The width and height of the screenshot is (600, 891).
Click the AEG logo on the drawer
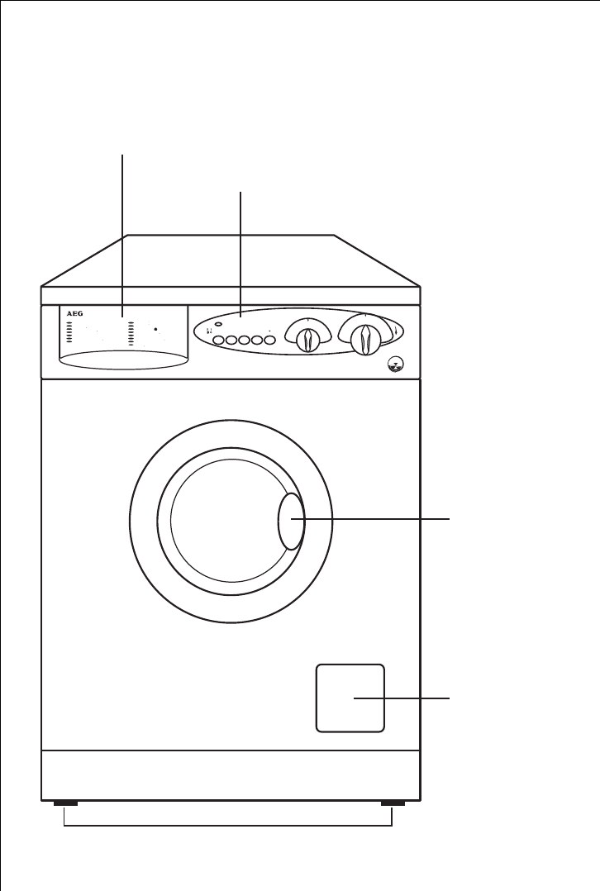(x=71, y=316)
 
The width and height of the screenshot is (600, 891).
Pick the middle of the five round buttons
(x=245, y=339)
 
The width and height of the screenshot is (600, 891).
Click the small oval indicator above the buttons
(x=217, y=325)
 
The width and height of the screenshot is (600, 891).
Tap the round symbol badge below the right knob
(x=397, y=363)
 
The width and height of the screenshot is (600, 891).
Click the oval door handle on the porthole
(x=291, y=521)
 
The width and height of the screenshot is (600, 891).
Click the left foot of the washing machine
(x=64, y=803)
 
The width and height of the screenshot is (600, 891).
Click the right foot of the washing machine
(x=393, y=803)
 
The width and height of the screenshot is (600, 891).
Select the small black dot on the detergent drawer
(x=155, y=329)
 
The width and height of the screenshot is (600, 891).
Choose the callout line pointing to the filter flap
(x=405, y=698)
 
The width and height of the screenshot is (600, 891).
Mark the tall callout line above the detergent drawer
(x=124, y=231)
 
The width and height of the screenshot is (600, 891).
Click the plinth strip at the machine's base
(x=231, y=774)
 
